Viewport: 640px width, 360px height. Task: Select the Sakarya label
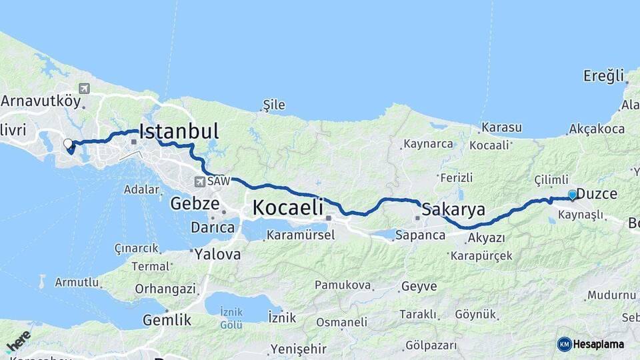click(453, 209)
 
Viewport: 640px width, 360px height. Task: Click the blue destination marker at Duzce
click(572, 195)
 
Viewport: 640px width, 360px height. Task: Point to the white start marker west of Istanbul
click(67, 143)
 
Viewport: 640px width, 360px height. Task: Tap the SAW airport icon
click(199, 181)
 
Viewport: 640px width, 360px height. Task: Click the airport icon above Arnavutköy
click(84, 88)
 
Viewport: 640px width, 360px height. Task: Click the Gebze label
click(194, 203)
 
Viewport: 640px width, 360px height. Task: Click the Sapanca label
click(420, 235)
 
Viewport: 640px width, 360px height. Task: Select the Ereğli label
click(603, 75)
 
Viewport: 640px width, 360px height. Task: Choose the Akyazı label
click(486, 238)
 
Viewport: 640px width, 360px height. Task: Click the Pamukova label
click(343, 285)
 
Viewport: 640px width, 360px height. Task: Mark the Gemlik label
click(167, 320)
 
